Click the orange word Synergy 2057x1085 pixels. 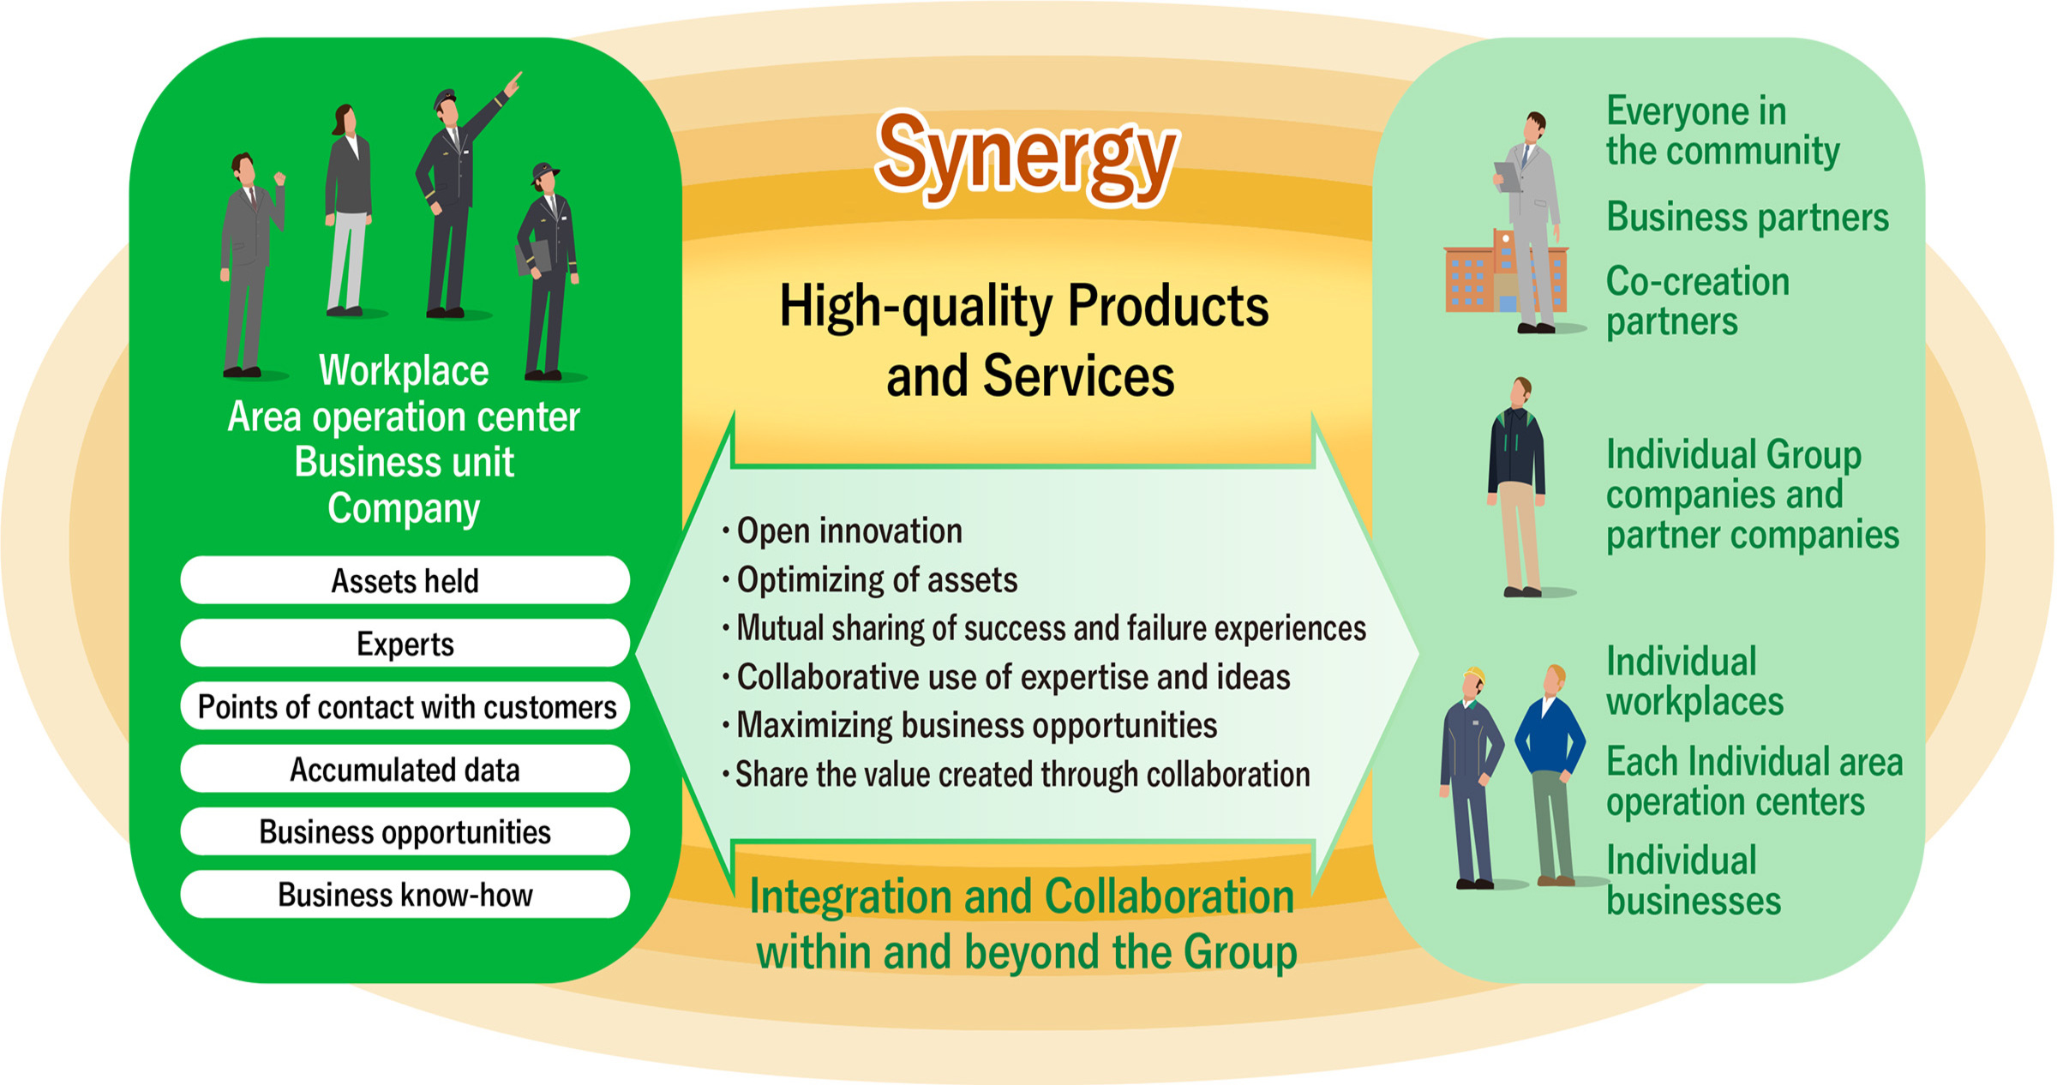(x=1026, y=158)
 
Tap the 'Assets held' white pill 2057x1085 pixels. (x=405, y=581)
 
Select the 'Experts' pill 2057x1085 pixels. (x=405, y=644)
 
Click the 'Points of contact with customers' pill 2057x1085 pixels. (x=405, y=707)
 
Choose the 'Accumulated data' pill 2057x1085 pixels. (x=405, y=770)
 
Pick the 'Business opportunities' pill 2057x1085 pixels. (x=405, y=832)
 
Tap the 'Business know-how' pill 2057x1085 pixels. (x=405, y=895)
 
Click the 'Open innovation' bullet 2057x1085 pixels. (x=849, y=531)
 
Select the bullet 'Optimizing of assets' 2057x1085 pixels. (x=876, y=580)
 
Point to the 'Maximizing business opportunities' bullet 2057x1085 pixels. (x=975, y=726)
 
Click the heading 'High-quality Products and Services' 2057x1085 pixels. (x=1024, y=340)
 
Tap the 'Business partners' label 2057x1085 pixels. (x=1747, y=217)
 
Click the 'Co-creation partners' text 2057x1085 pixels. (x=1697, y=301)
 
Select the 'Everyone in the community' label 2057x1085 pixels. (x=1721, y=131)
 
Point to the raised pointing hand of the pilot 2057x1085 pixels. (x=513, y=84)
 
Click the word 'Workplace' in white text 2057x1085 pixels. (x=404, y=371)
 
